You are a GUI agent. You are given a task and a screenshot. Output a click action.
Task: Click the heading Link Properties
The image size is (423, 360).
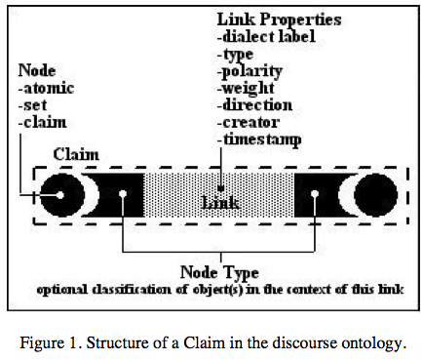[279, 20]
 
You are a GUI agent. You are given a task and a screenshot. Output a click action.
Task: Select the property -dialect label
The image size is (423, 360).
[266, 36]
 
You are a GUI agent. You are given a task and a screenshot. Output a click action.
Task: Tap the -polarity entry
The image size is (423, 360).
[250, 71]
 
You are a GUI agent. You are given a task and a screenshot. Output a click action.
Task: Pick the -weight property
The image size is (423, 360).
[246, 89]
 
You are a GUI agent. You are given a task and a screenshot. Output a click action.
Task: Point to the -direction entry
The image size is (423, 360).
[254, 105]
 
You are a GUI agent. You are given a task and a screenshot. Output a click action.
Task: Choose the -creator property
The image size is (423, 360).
[249, 123]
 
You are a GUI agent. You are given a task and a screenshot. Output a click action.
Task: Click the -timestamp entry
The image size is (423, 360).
[259, 140]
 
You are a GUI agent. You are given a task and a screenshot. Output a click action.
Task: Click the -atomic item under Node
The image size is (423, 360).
[46, 88]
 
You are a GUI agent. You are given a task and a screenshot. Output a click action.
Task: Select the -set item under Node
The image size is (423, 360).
[33, 105]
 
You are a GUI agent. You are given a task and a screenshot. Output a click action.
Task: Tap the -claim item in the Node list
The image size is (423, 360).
[43, 122]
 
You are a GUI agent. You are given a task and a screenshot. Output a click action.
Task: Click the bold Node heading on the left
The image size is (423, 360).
[37, 70]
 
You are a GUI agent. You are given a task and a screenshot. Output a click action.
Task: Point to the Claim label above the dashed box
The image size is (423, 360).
[76, 154]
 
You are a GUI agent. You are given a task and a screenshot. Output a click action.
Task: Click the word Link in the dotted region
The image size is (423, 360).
[220, 203]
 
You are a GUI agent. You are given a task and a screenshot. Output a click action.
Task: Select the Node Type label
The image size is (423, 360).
[219, 272]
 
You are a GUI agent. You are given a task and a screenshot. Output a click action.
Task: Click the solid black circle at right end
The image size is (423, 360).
[375, 195]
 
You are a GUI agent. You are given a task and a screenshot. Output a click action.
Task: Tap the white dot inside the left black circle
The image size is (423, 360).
[60, 195]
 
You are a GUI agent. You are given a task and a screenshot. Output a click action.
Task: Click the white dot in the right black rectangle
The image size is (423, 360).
[315, 194]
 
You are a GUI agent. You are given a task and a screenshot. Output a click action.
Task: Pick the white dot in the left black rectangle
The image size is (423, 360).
[123, 194]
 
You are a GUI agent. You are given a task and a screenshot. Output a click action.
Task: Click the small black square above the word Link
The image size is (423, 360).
[221, 188]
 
